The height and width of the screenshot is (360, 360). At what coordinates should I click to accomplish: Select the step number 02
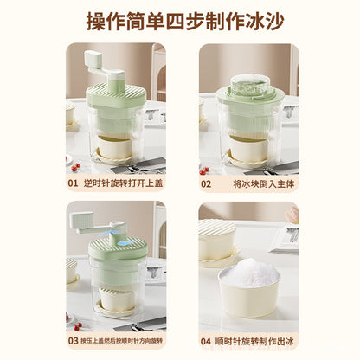[205, 183]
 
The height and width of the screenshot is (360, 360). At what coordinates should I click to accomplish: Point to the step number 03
[73, 341]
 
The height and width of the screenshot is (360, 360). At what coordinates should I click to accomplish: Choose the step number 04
[205, 341]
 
